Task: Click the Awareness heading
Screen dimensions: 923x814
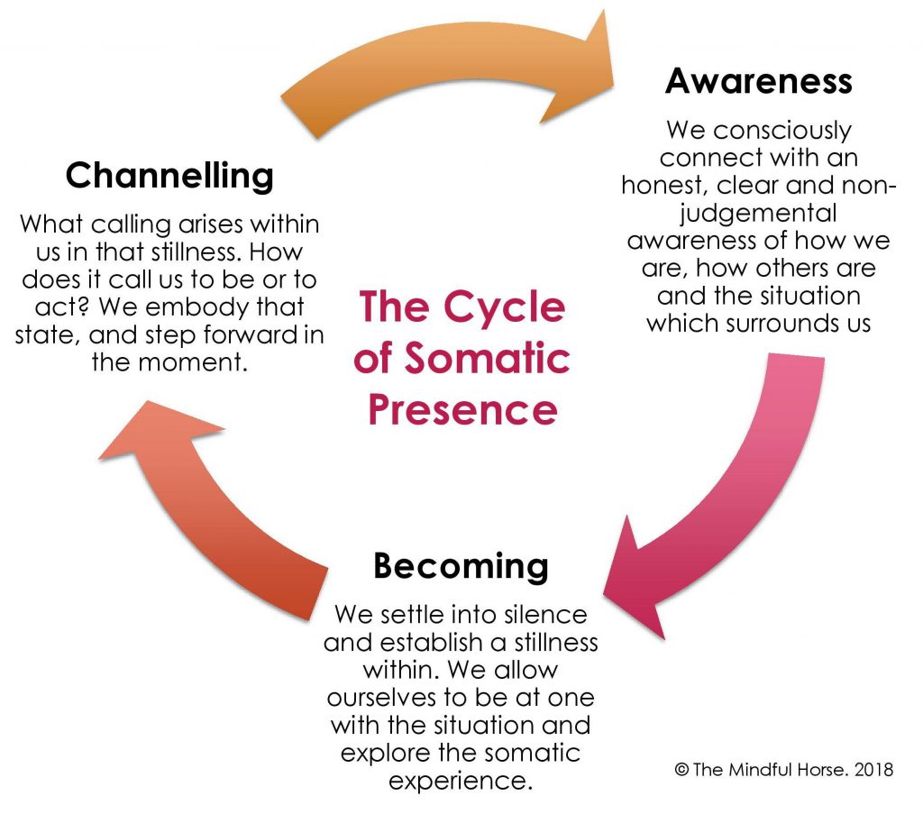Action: [758, 80]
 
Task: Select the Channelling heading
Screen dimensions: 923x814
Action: [169, 176]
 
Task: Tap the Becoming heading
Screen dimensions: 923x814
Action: [461, 566]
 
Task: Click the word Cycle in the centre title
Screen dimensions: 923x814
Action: [504, 307]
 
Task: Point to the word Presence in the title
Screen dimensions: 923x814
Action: [462, 409]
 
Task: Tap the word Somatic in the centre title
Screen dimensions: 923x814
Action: [488, 359]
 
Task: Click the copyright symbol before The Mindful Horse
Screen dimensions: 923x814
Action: [681, 770]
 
